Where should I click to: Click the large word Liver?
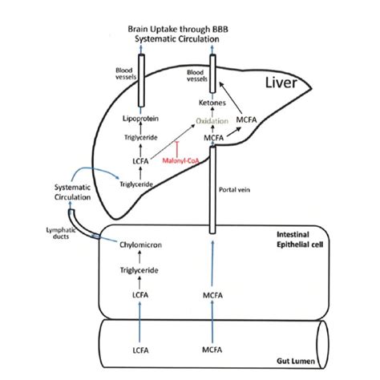(281, 83)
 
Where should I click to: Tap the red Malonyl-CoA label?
(181, 160)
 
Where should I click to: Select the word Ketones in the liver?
(212, 103)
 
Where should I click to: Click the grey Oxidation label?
(212, 121)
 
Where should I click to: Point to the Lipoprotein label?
(140, 119)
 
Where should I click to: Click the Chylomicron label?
(140, 245)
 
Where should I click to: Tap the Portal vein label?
(234, 190)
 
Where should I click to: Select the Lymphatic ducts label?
(61, 233)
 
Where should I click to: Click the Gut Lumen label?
(296, 362)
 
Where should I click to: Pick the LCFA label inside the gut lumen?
(140, 350)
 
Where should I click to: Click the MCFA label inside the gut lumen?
(212, 350)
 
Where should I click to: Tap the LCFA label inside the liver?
(140, 161)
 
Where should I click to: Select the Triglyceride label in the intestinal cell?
(139, 270)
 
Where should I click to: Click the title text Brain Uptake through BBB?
(178, 29)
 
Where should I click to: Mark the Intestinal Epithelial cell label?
(300, 240)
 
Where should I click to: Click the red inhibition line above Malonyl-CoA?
(177, 149)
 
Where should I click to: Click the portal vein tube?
(212, 190)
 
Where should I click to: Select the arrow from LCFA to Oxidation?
(172, 142)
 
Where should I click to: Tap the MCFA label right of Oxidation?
(246, 119)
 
